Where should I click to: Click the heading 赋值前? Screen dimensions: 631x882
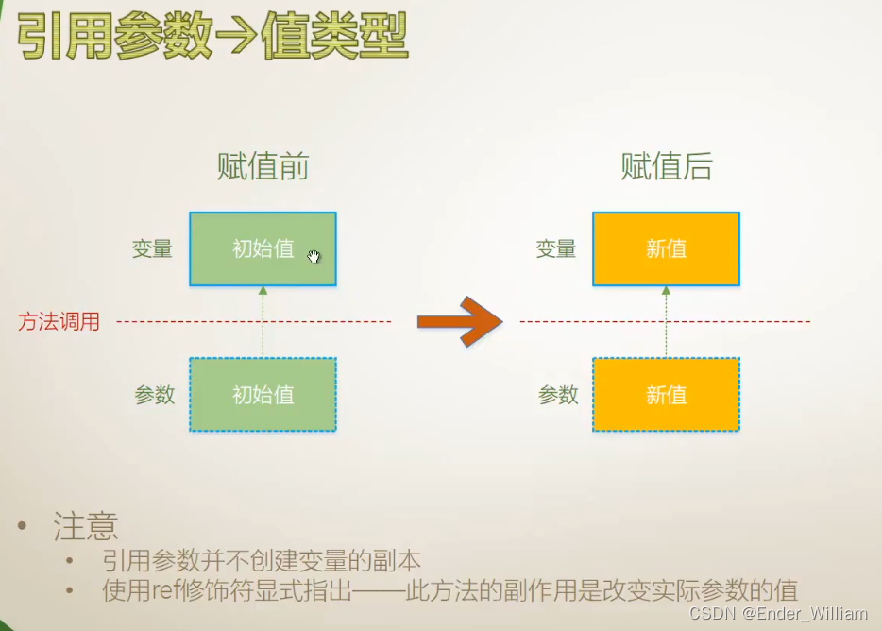click(263, 167)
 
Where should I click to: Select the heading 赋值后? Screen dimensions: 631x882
click(666, 167)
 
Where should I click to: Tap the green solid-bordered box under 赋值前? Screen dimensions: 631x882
click(263, 248)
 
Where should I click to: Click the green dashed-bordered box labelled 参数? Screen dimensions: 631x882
click(263, 395)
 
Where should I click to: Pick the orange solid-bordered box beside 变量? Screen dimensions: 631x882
click(666, 248)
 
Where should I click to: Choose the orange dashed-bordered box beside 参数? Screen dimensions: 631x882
click(666, 395)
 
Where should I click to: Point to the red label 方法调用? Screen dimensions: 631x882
click(59, 322)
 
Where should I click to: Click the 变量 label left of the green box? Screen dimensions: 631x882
click(152, 249)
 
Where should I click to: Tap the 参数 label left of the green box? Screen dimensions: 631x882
click(155, 395)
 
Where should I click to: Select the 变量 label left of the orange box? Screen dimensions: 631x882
click(556, 249)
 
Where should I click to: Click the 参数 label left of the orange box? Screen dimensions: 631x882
click(558, 395)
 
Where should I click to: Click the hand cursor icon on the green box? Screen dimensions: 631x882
click(314, 255)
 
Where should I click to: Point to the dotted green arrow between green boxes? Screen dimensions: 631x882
click(263, 322)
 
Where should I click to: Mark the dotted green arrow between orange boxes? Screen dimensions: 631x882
click(666, 322)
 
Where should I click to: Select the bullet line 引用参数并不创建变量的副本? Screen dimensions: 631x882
click(261, 560)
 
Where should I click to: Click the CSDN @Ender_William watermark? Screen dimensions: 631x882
click(778, 614)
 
